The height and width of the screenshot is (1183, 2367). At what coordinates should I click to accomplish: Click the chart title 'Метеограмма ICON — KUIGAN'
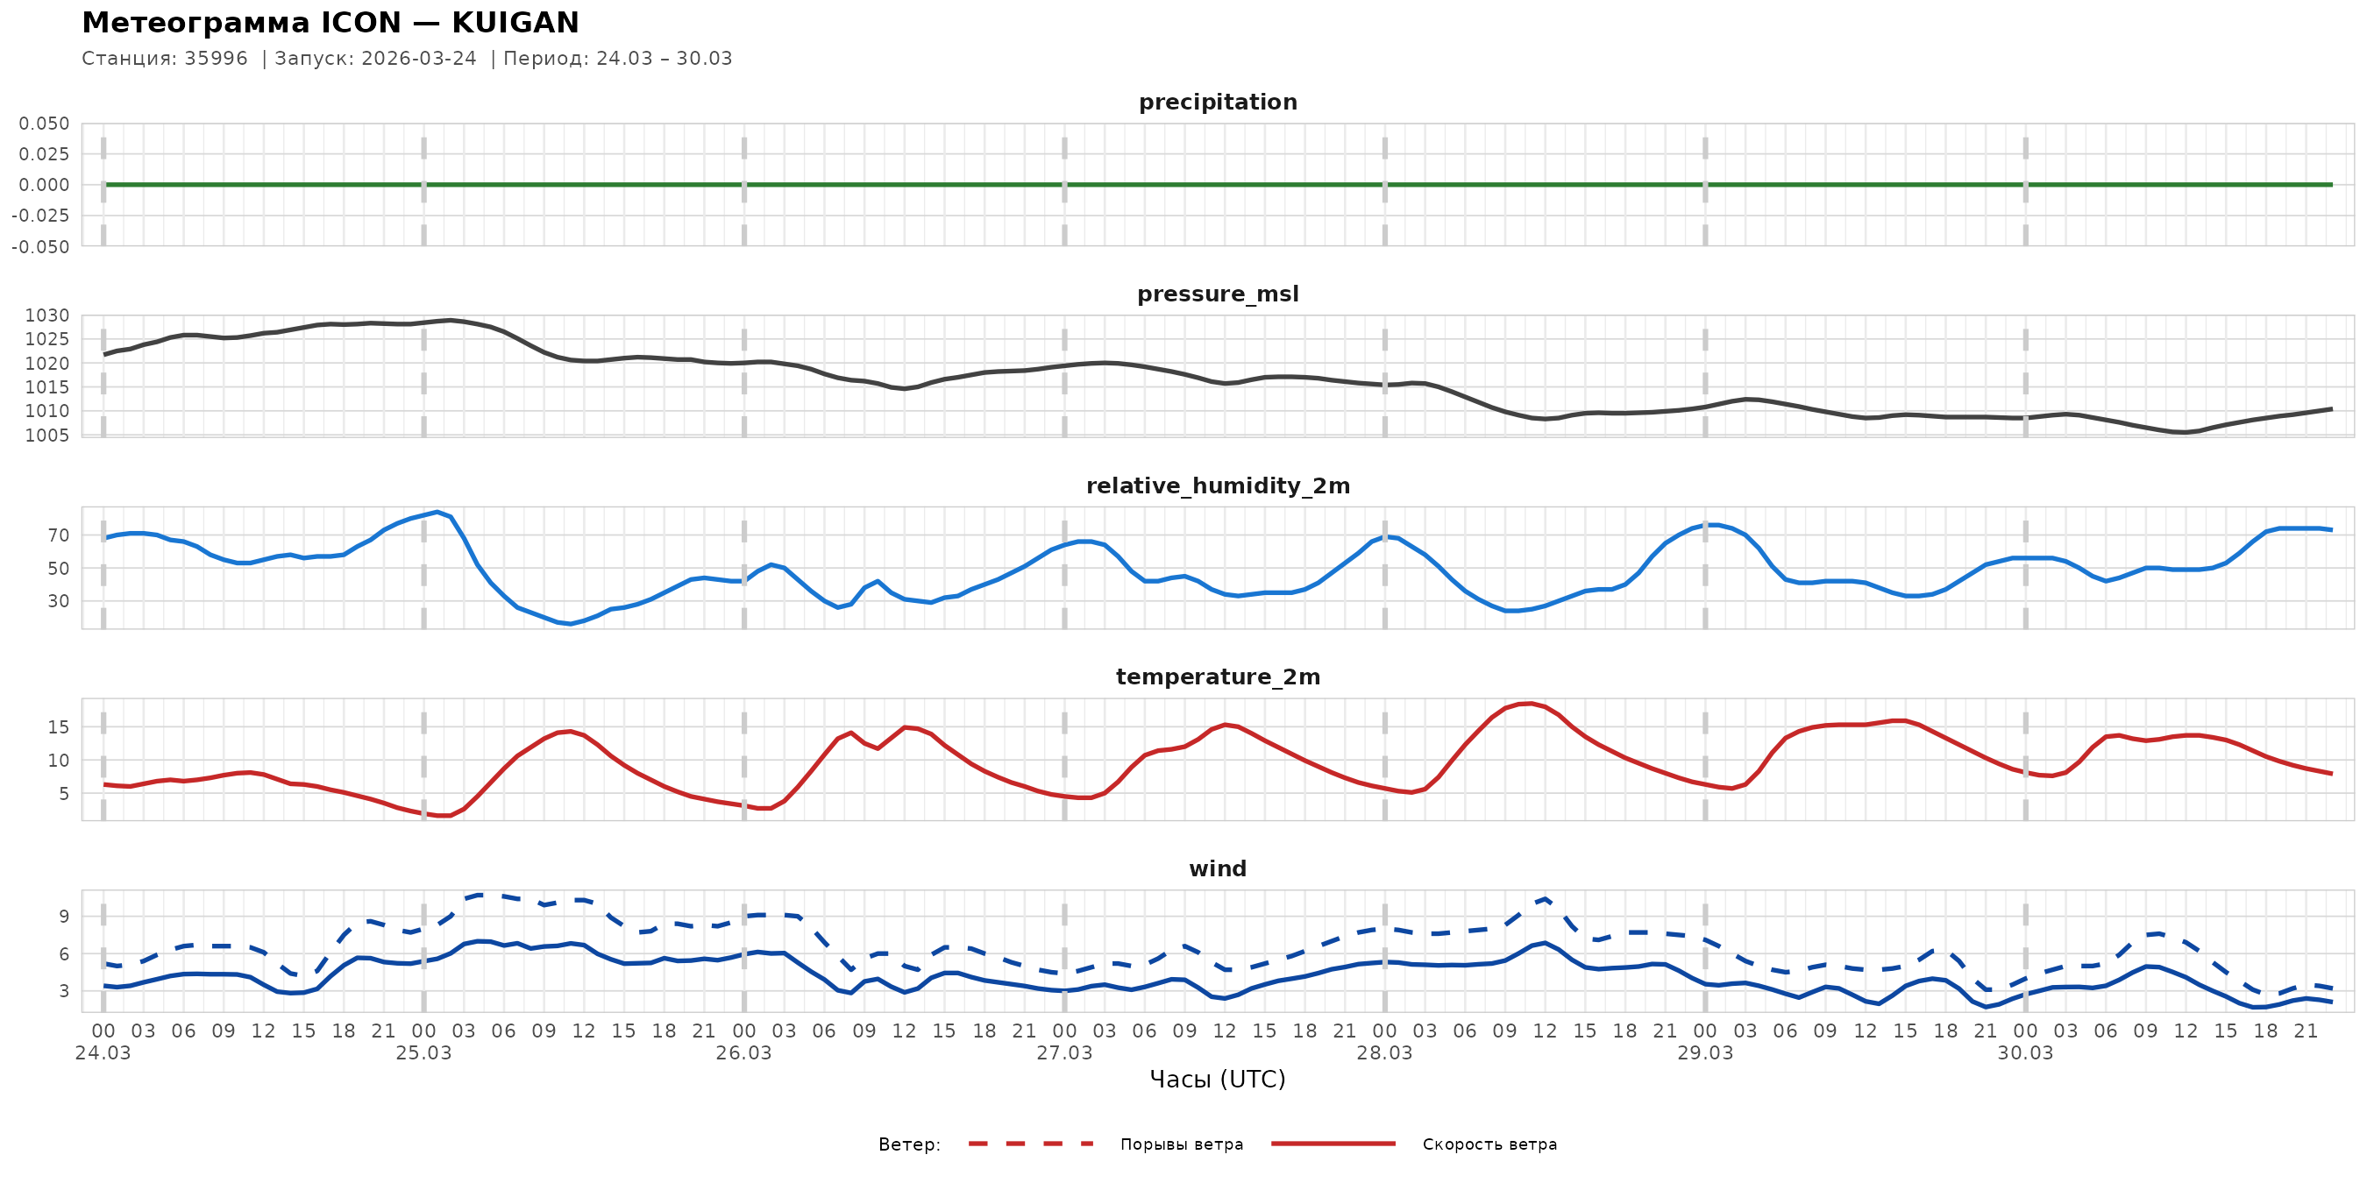tap(330, 23)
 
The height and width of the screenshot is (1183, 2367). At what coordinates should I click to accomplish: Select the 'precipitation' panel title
tap(1218, 102)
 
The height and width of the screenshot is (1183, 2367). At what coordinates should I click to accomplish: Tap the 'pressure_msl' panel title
tap(1218, 294)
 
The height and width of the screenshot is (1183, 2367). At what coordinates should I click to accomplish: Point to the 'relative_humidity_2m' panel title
tap(1218, 485)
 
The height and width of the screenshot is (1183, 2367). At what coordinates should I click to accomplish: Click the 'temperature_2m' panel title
tap(1218, 677)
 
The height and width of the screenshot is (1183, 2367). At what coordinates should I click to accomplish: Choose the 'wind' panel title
tap(1218, 869)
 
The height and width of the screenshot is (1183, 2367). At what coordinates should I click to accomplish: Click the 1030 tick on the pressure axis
tap(46, 315)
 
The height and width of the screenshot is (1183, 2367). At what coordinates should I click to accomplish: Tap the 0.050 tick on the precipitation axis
tap(44, 123)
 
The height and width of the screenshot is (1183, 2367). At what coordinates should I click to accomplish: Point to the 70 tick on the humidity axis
tap(59, 535)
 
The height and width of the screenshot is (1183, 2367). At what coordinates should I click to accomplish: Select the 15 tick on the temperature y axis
tap(59, 726)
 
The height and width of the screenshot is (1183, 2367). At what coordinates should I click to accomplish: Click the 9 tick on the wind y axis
tap(63, 916)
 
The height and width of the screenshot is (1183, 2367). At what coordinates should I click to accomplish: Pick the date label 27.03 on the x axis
tap(1064, 1052)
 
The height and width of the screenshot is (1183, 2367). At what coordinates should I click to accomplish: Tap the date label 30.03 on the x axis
tap(2025, 1052)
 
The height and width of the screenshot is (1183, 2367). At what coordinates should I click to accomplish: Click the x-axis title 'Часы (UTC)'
tap(1218, 1080)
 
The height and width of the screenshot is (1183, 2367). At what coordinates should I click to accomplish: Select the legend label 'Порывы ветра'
tap(1182, 1144)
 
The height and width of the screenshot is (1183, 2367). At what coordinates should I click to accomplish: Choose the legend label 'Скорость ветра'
tap(1489, 1144)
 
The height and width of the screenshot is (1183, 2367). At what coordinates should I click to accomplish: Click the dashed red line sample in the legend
tap(1031, 1144)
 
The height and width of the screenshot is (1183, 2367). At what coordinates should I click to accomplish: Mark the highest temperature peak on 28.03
tap(1530, 704)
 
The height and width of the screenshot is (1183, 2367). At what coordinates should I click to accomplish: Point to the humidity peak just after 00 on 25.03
tap(437, 512)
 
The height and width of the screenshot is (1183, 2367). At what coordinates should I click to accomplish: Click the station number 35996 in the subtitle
tap(216, 59)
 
